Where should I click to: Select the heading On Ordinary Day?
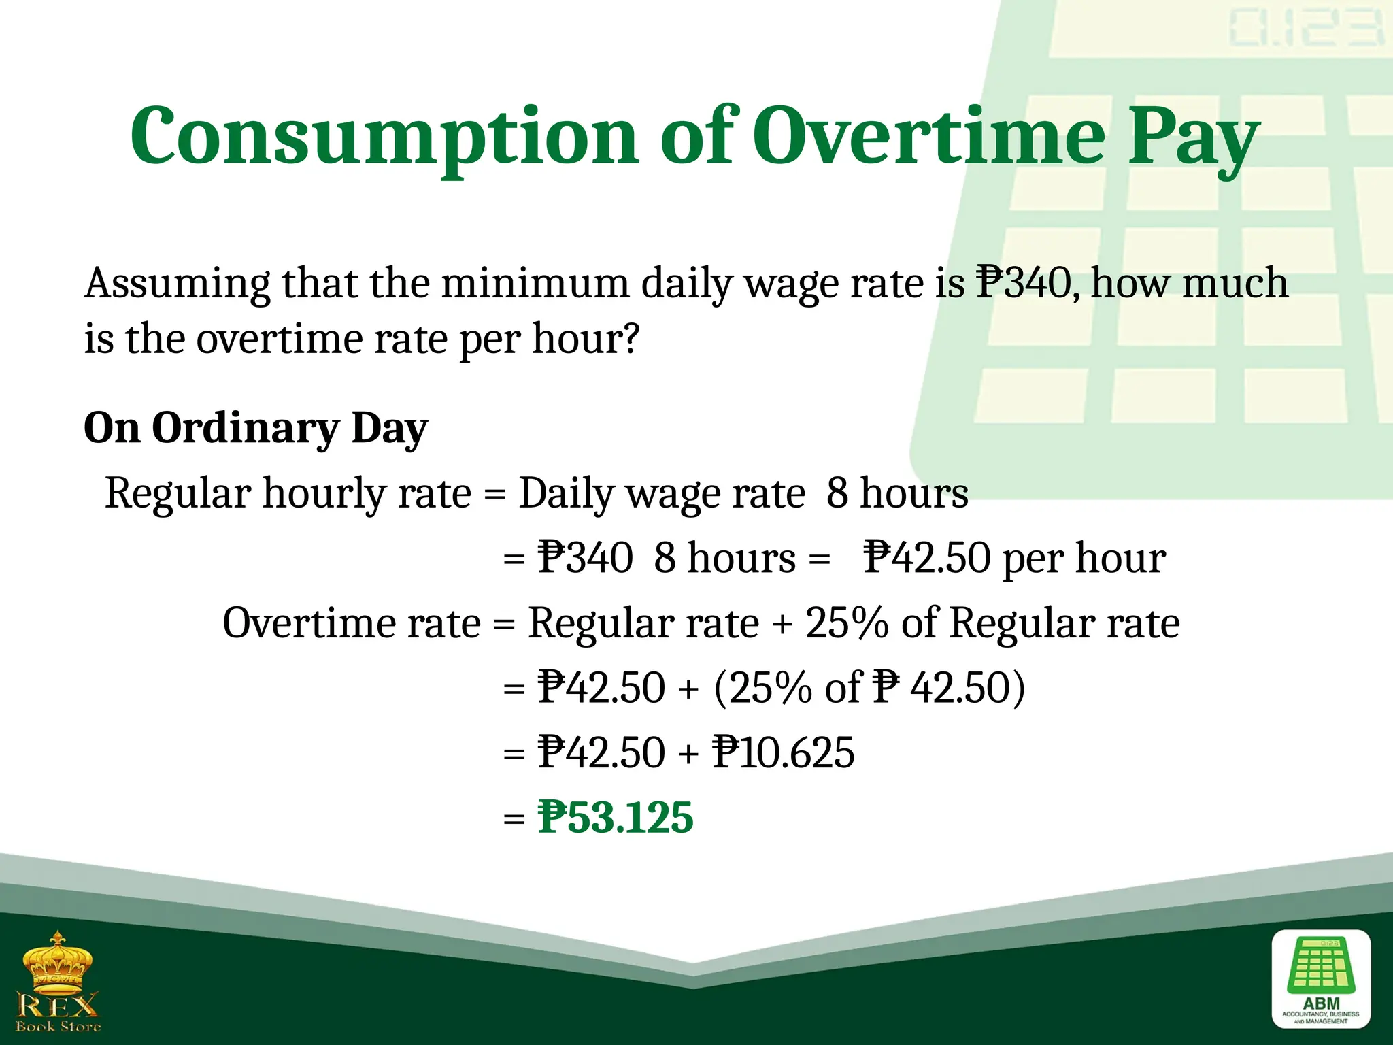(x=256, y=429)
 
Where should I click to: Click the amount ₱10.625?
(x=783, y=752)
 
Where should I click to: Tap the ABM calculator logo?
(x=1321, y=979)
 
